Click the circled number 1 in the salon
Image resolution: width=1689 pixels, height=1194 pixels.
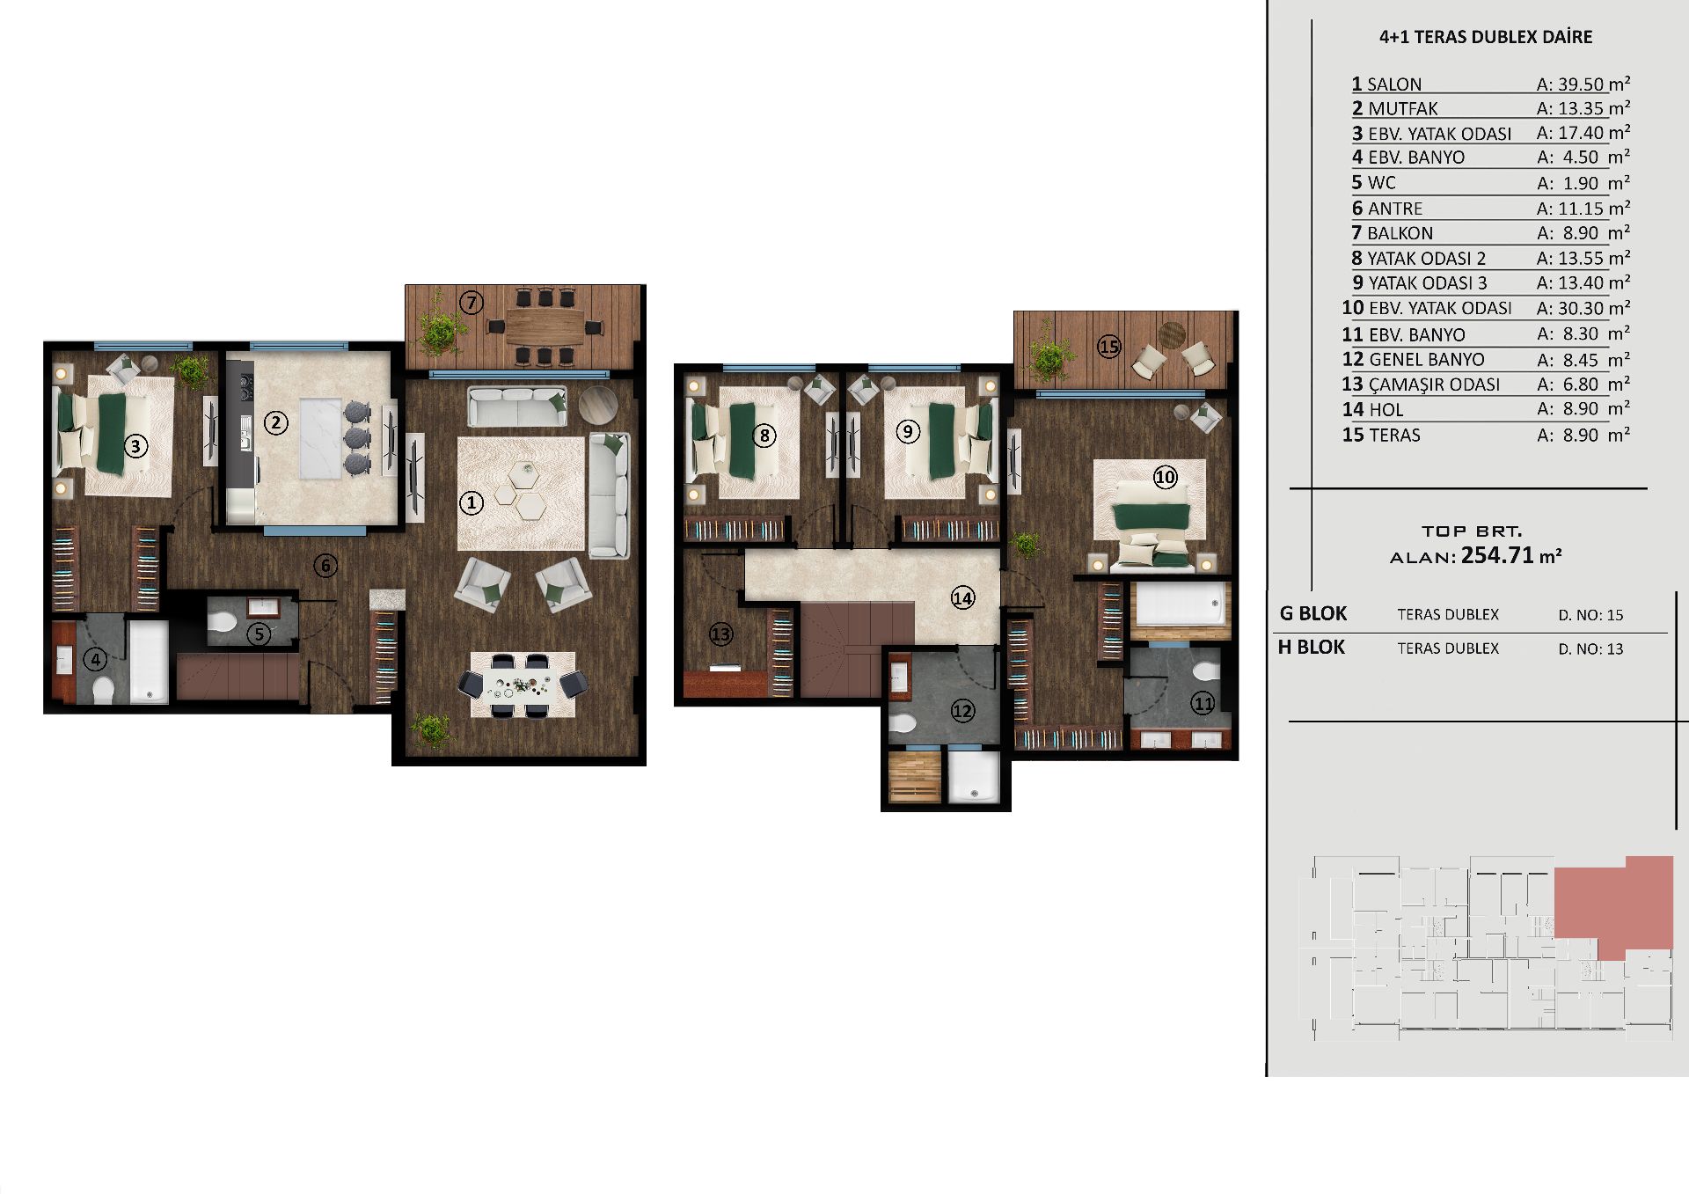coord(472,503)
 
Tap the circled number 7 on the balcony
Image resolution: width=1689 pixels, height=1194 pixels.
coord(472,304)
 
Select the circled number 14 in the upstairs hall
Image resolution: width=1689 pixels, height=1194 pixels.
coord(962,598)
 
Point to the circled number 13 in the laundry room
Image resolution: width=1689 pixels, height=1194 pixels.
coord(720,634)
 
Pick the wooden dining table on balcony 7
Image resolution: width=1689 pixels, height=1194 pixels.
coord(545,327)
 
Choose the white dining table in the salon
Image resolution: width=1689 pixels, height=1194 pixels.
coord(523,685)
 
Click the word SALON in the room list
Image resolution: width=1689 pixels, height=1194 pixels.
coord(1394,84)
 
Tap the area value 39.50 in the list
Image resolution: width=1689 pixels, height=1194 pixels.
coord(1581,84)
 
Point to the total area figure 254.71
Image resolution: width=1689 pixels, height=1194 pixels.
coord(1497,555)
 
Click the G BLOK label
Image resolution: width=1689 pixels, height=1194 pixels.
coord(1313,614)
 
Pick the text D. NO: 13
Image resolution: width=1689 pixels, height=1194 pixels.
coord(1590,649)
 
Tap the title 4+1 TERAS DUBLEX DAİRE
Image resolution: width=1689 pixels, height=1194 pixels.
coord(1486,37)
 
